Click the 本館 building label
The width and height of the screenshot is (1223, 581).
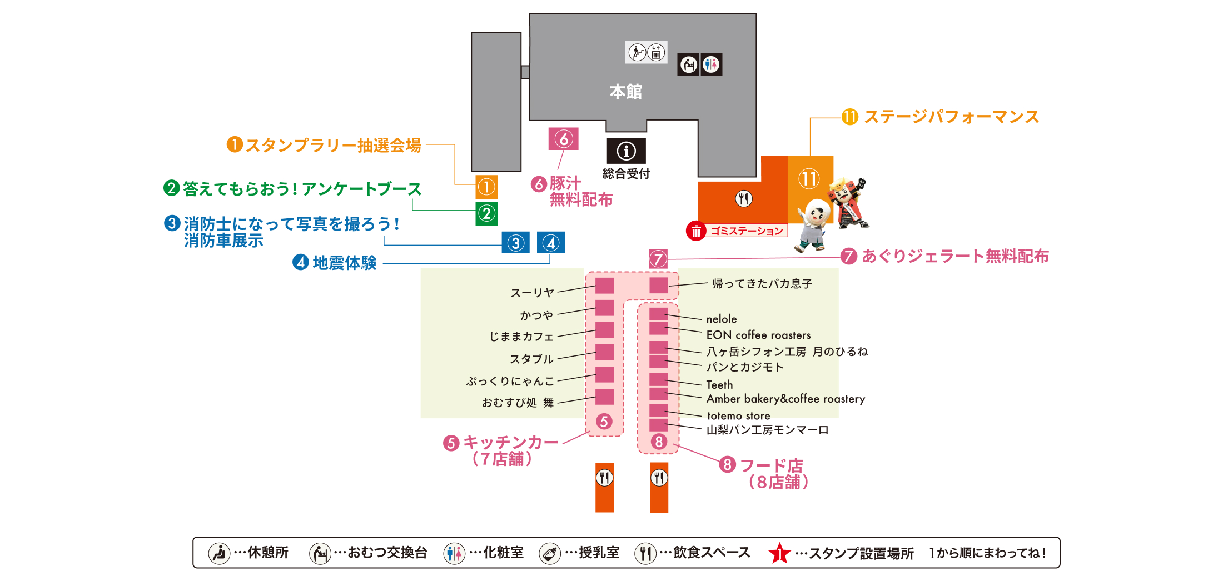pos(625,91)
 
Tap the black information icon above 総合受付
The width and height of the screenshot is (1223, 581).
pos(626,151)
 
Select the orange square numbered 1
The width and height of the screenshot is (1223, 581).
pos(486,187)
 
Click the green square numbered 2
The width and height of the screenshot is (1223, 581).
pos(486,213)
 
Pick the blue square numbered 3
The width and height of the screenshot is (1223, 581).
pos(515,243)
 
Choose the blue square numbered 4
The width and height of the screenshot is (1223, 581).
pos(551,243)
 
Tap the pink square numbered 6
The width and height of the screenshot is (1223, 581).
pos(563,139)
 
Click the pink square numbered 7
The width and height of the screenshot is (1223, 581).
pos(658,258)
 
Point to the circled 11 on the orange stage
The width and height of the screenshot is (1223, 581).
pos(809,179)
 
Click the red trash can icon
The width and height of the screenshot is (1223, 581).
pos(696,231)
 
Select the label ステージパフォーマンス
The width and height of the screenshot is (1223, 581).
pos(951,117)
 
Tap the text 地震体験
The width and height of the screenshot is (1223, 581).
pos(344,263)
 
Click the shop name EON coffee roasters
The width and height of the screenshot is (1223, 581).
pos(758,335)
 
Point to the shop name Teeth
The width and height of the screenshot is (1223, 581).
pos(719,384)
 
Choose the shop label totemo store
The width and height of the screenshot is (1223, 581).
pos(738,415)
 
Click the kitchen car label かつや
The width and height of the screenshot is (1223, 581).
pos(536,315)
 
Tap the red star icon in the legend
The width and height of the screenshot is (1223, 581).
pos(779,553)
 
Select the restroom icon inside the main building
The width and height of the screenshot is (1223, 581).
pos(711,64)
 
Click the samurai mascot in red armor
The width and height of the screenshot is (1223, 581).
pos(848,203)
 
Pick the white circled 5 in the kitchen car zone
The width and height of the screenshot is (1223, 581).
pos(604,422)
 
